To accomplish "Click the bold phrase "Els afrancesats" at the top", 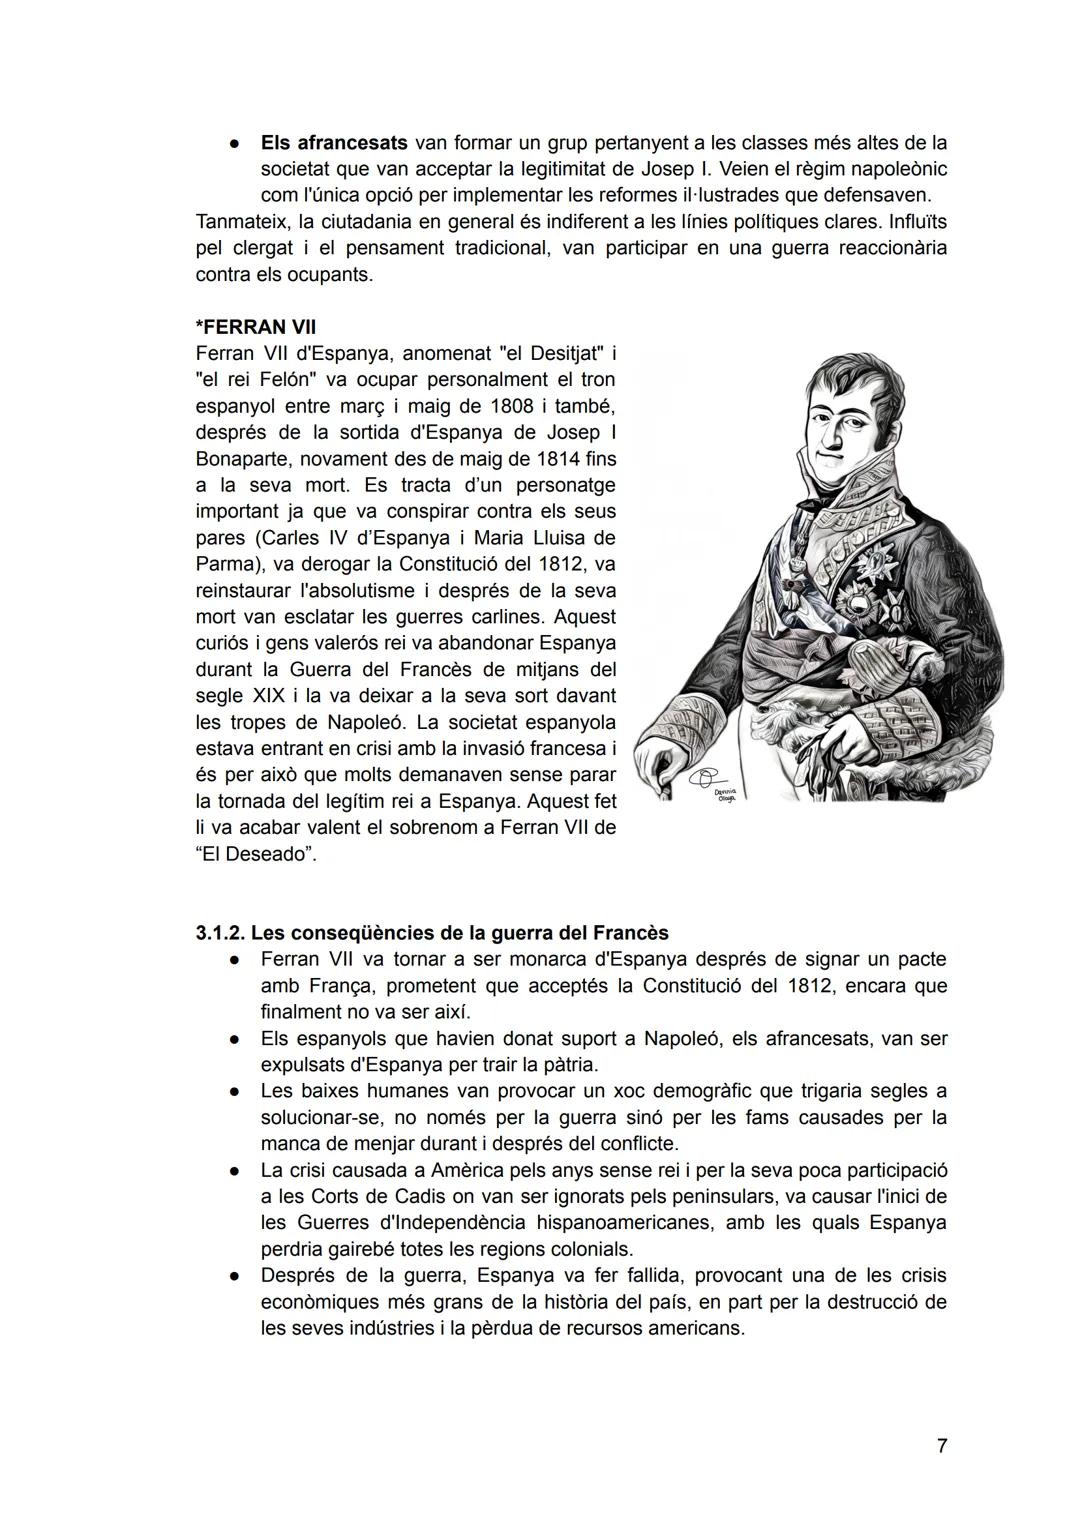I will [x=334, y=143].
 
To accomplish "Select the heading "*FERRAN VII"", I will [x=255, y=327].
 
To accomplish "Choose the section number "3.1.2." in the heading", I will [x=221, y=933].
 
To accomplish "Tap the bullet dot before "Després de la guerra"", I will [x=232, y=1276].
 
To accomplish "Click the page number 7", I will [x=941, y=1445].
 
